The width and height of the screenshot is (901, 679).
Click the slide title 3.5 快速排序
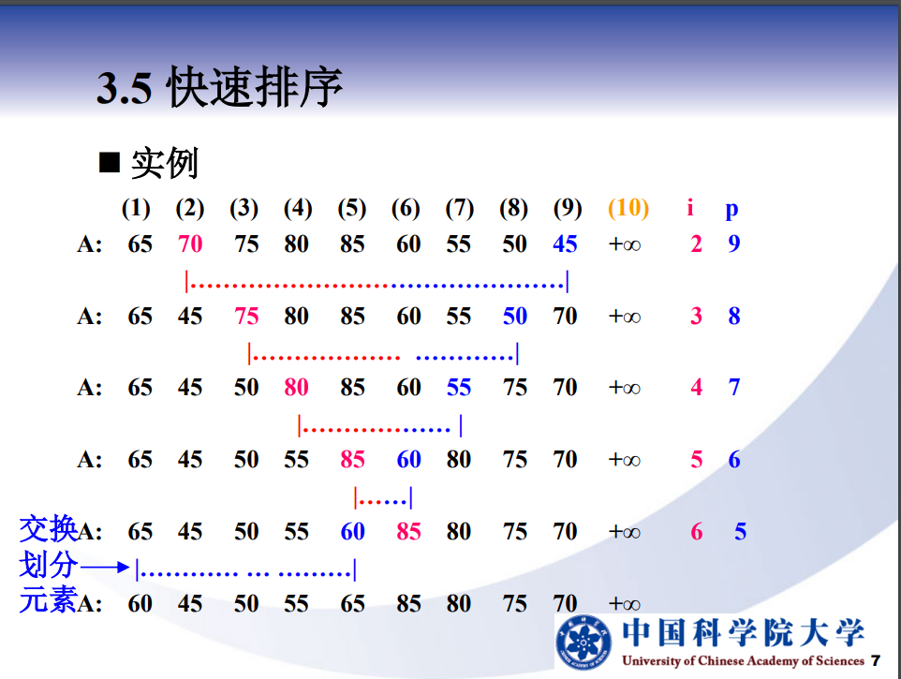(x=219, y=87)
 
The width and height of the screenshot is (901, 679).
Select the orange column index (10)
(x=628, y=207)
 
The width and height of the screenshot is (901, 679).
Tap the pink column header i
(x=690, y=207)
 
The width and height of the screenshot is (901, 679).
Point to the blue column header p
(x=731, y=210)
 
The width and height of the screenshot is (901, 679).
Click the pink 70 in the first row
(x=189, y=244)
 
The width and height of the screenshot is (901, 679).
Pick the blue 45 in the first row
(x=565, y=244)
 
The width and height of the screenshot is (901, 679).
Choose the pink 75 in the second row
(x=246, y=316)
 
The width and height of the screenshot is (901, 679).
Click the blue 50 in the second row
(x=515, y=316)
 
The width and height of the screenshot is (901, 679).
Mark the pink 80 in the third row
(x=296, y=387)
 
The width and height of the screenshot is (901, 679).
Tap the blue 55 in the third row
(x=459, y=387)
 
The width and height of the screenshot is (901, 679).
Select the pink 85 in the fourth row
(x=352, y=460)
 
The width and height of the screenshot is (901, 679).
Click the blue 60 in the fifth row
(x=352, y=531)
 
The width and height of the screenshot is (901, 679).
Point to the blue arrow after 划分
(x=105, y=567)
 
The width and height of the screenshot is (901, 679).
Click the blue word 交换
(x=48, y=528)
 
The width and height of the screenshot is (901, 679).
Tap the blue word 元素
(x=48, y=600)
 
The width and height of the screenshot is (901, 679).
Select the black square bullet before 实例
(x=110, y=163)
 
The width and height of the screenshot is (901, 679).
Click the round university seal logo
(x=583, y=642)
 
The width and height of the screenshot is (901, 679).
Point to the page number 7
(x=875, y=660)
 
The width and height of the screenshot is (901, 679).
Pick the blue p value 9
(x=733, y=244)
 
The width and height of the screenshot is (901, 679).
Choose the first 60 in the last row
(x=140, y=604)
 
